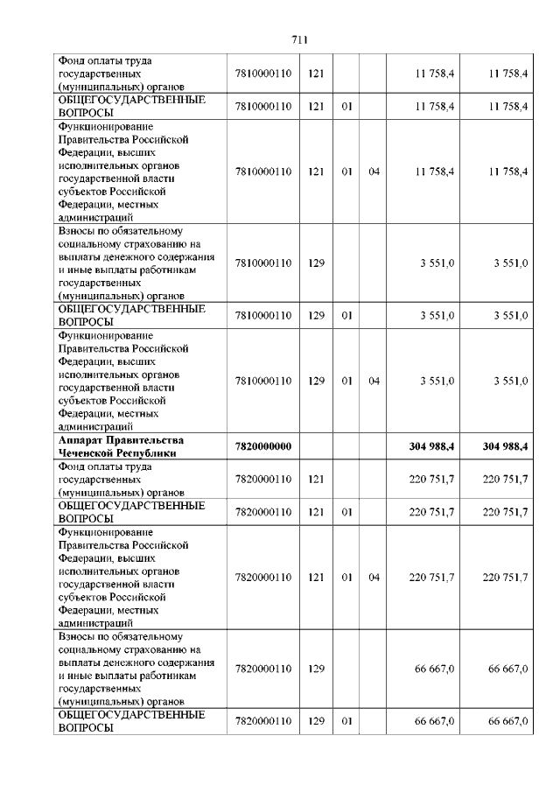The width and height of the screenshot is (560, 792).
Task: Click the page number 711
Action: click(x=298, y=39)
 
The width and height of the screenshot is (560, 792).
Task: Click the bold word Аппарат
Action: click(x=80, y=440)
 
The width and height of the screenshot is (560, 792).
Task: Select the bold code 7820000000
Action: click(x=262, y=446)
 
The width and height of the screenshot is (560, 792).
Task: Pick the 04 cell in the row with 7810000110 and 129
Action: click(x=374, y=382)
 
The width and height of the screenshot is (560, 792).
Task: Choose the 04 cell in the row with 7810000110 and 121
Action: click(x=374, y=172)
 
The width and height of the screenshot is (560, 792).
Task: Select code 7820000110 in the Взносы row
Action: click(x=262, y=669)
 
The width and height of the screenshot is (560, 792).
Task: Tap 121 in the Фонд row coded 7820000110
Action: click(x=316, y=480)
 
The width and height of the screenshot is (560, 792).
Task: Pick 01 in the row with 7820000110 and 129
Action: click(x=346, y=721)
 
